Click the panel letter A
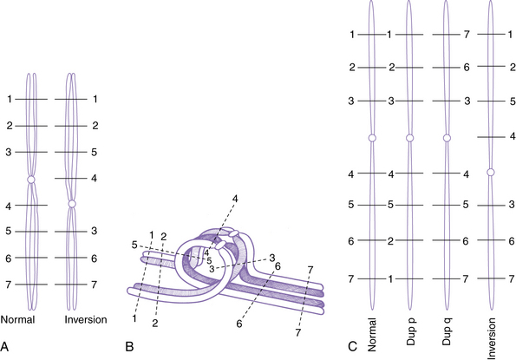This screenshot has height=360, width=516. coord(4,346)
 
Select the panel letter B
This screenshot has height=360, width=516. coord(129,346)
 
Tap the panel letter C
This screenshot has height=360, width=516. coord(352,346)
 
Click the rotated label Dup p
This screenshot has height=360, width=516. coord(411,331)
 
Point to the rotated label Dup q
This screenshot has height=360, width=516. coord(447,331)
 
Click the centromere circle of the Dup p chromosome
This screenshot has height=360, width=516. coord(409,138)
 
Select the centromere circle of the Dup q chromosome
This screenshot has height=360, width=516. coord(447,138)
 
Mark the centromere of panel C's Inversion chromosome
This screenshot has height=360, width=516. coord(491,172)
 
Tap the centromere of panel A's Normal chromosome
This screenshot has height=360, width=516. coord(31,180)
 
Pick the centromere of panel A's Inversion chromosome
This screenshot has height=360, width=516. coord(72,204)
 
